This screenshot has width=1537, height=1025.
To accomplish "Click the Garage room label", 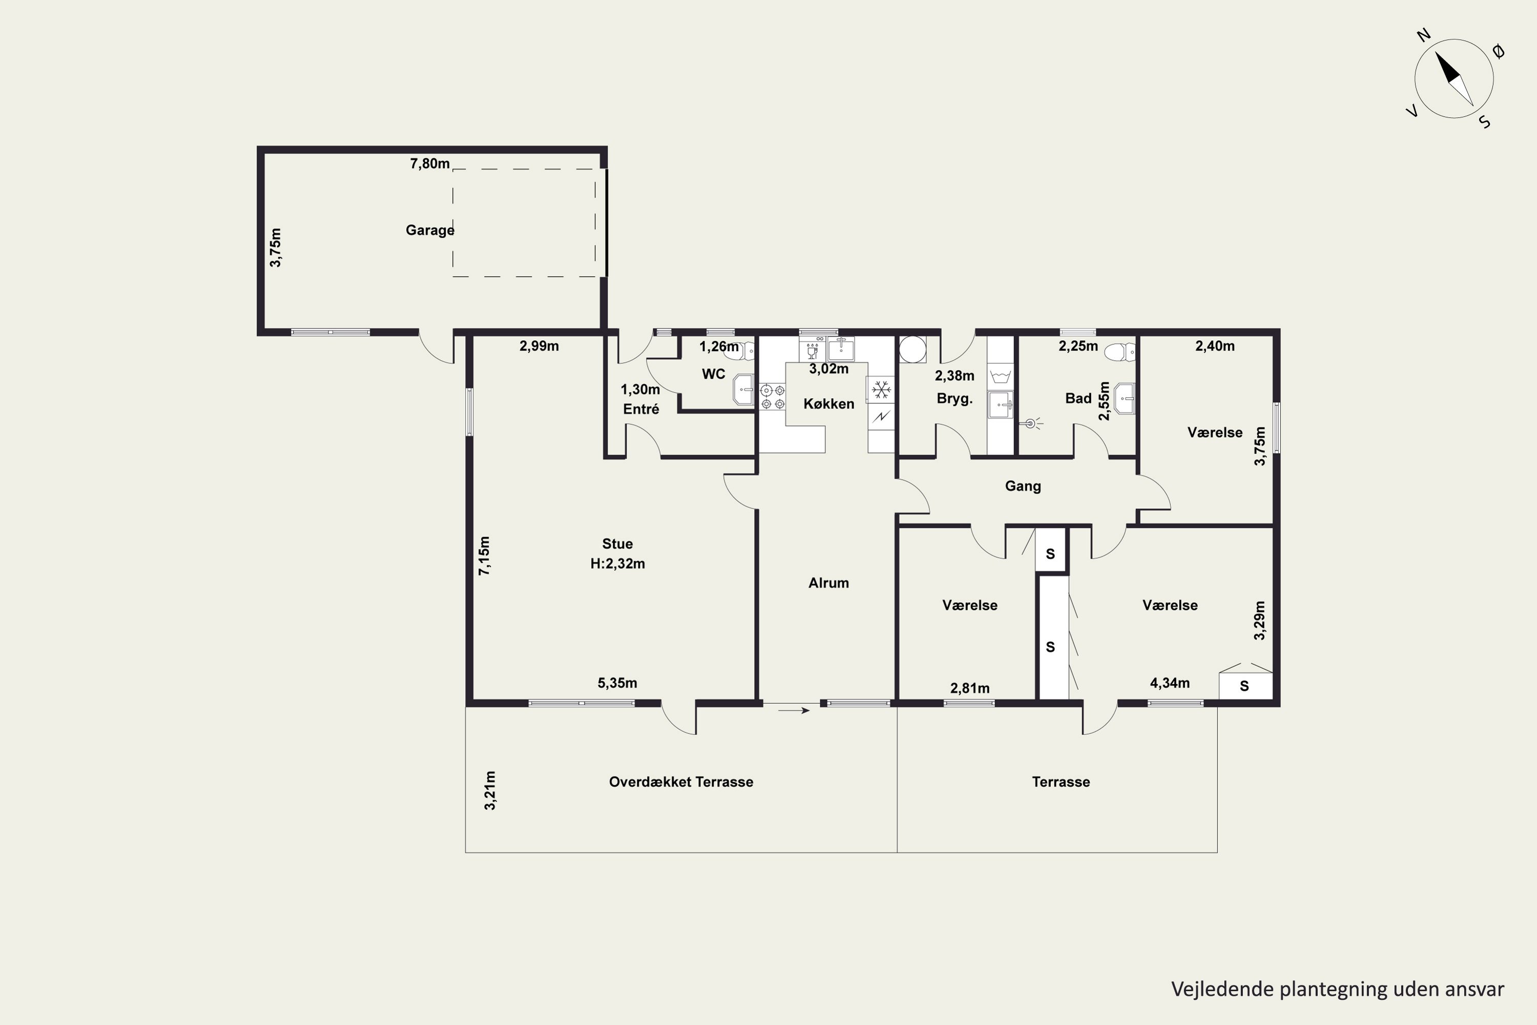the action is [x=430, y=230].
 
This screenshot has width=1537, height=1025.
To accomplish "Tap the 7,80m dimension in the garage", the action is [x=430, y=163].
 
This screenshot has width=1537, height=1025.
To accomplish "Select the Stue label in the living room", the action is [x=617, y=544].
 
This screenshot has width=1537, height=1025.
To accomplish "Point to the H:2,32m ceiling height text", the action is [x=617, y=563].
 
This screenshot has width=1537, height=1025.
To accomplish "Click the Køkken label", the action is [x=828, y=404].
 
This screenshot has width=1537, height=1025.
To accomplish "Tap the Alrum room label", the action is [x=828, y=583].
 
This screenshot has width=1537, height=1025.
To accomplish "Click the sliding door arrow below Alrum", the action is [x=795, y=710].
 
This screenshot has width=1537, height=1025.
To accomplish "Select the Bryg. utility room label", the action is [x=955, y=399].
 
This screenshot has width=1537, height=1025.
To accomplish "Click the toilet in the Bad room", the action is [x=1120, y=353].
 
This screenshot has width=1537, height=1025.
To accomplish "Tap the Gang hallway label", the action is [x=1023, y=486].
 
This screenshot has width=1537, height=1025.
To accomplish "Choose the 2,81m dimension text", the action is [x=970, y=688].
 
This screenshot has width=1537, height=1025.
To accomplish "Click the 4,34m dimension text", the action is [x=1170, y=683].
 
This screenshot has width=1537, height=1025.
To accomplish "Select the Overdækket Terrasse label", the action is [x=681, y=782].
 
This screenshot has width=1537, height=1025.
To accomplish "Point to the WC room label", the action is [x=713, y=374].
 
